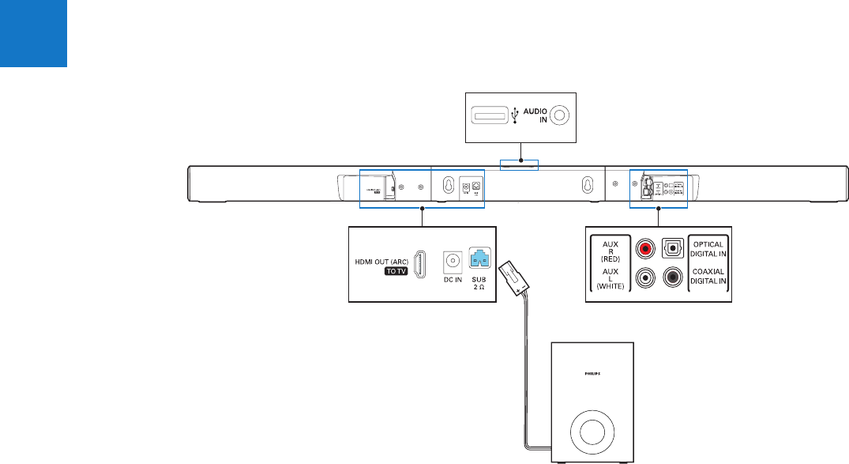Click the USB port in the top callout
tap(490, 115)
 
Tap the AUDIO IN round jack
tap(560, 115)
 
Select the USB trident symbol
tap(516, 115)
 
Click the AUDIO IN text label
tap(535, 115)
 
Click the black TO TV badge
tap(398, 270)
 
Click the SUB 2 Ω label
tap(479, 284)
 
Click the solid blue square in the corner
tap(33, 33)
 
